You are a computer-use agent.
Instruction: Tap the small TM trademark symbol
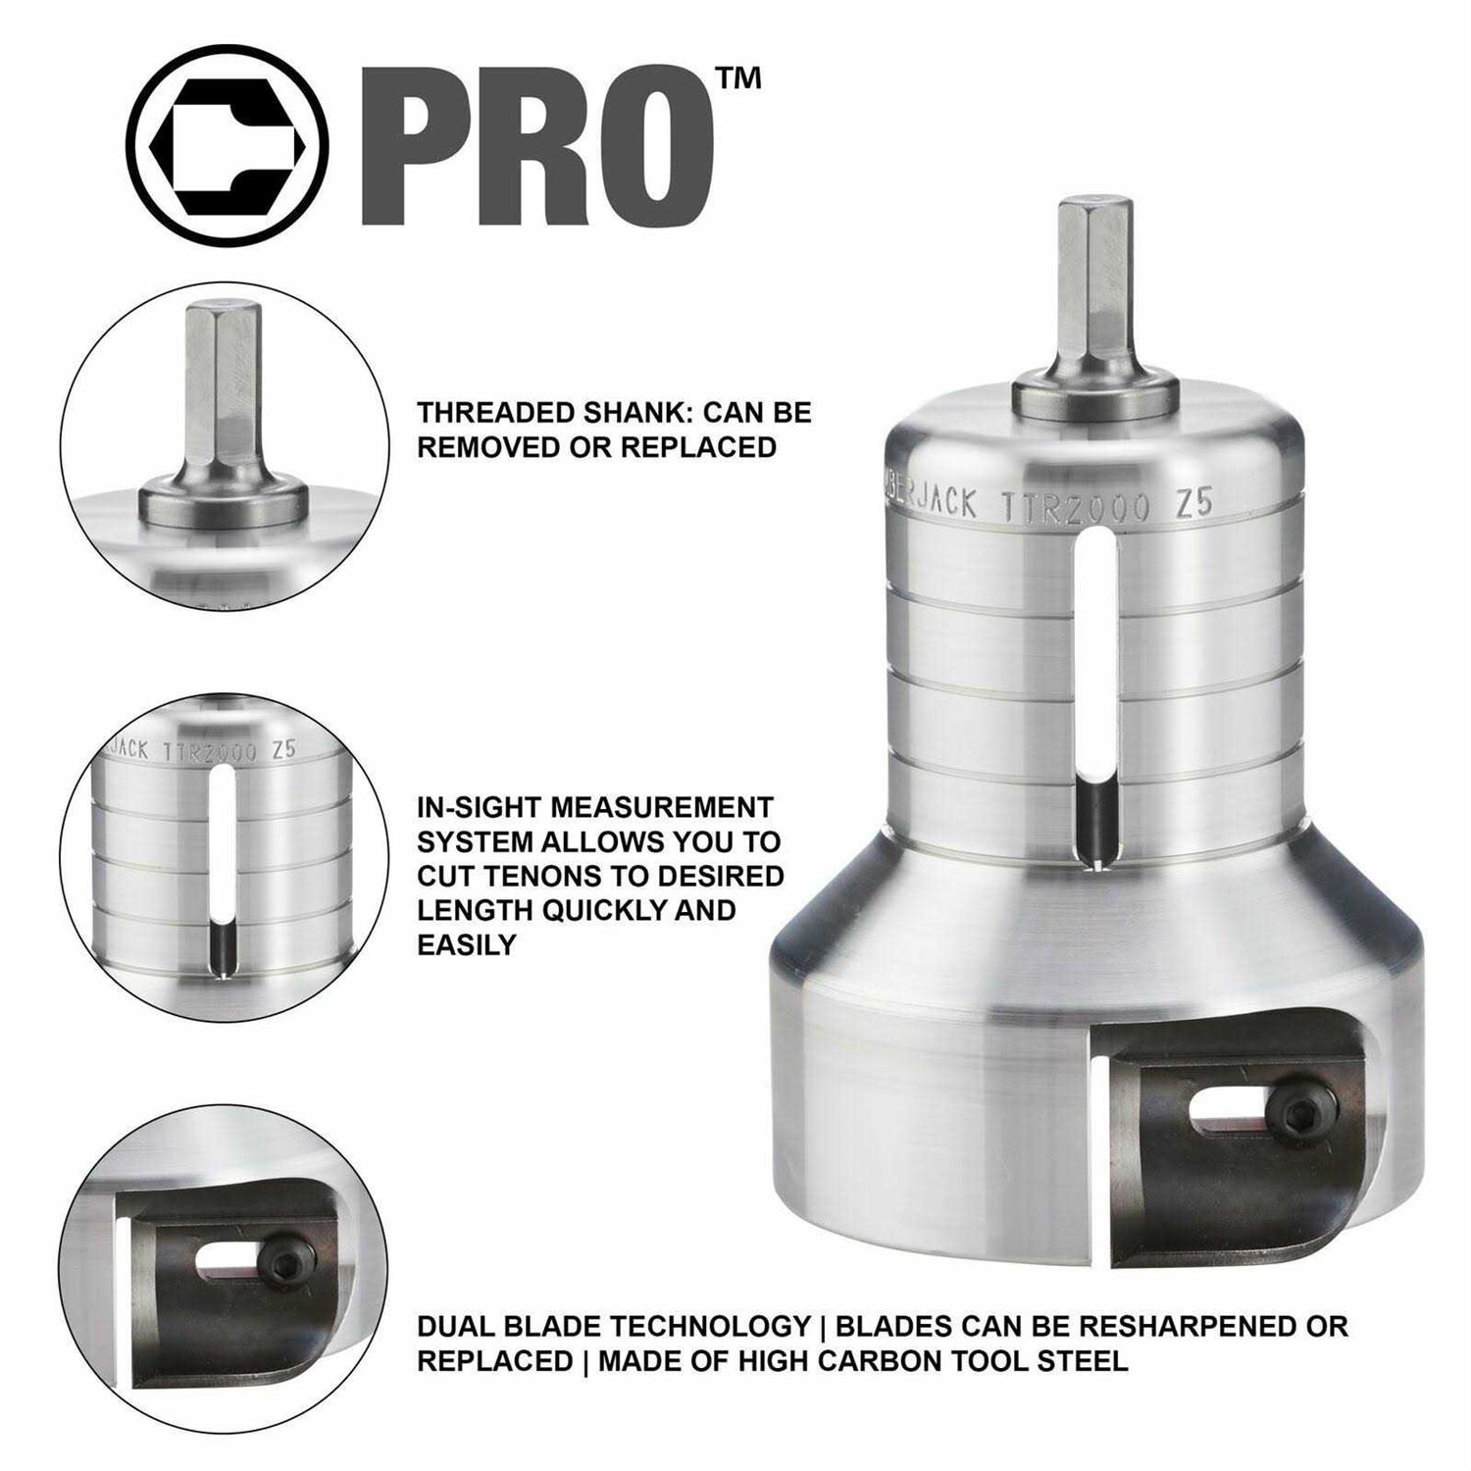(x=738, y=79)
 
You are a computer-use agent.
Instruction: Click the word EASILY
(x=467, y=944)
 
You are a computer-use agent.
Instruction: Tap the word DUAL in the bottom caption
(x=456, y=1327)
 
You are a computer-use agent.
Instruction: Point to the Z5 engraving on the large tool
(x=1193, y=503)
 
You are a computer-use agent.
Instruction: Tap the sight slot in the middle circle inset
(x=223, y=863)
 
